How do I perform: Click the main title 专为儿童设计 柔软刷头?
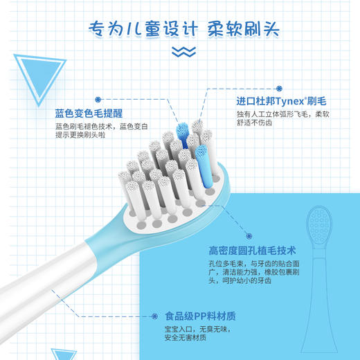pyautogui.click(x=180, y=29)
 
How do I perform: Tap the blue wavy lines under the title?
pyautogui.click(x=180, y=51)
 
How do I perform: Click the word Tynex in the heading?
pyautogui.click(x=282, y=100)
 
